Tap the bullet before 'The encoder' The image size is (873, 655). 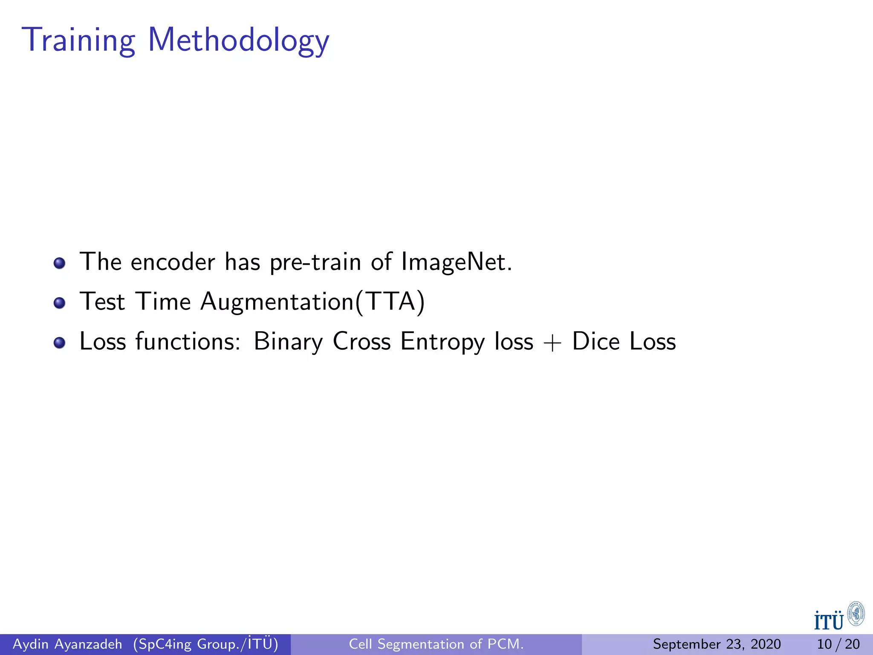pyautogui.click(x=60, y=263)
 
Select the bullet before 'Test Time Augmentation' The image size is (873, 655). pyautogui.click(x=60, y=303)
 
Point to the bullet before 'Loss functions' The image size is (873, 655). pyautogui.click(x=60, y=343)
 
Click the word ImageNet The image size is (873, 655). pyautogui.click(x=456, y=261)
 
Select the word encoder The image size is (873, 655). pyautogui.click(x=173, y=261)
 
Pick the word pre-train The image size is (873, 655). pyautogui.click(x=315, y=262)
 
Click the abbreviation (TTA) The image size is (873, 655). pyautogui.click(x=390, y=301)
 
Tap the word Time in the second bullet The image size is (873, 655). pyautogui.click(x=163, y=301)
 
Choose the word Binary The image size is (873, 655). pyautogui.click(x=288, y=342)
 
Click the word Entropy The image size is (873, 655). pyautogui.click(x=442, y=342)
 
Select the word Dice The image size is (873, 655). pyautogui.click(x=595, y=341)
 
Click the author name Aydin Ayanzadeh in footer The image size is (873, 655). pyautogui.click(x=67, y=644)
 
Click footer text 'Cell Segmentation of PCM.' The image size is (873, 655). pyautogui.click(x=436, y=644)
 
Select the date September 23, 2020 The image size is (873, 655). pyautogui.click(x=717, y=644)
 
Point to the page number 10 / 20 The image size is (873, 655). pyautogui.click(x=838, y=644)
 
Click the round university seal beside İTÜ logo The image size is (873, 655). pyautogui.click(x=856, y=614)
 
